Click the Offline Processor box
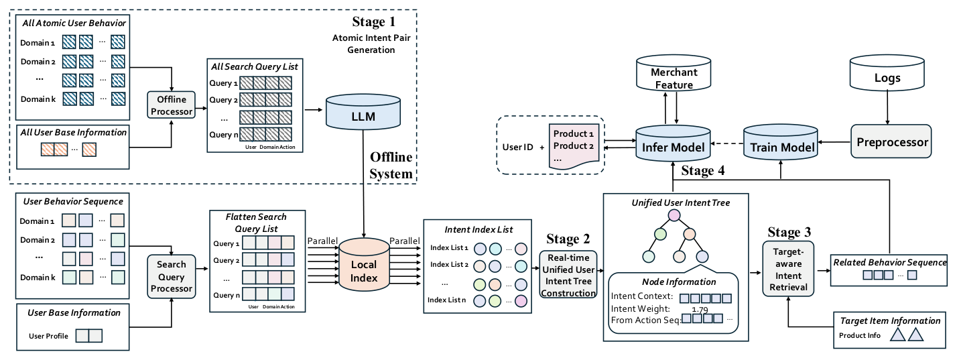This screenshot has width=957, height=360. pyautogui.click(x=172, y=105)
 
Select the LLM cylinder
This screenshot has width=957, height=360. pyautogui.click(x=363, y=112)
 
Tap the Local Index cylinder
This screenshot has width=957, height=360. pyautogui.click(x=364, y=265)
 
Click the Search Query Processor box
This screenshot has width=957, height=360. pyautogui.click(x=172, y=277)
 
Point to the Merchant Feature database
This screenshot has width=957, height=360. pyautogui.click(x=674, y=72)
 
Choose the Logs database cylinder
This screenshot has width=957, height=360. pyautogui.click(x=887, y=72)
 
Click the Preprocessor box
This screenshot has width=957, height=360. pyautogui.click(x=891, y=141)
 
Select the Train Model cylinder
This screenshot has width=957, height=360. pyautogui.click(x=781, y=143)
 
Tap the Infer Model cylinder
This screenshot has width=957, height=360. pyautogui.click(x=674, y=143)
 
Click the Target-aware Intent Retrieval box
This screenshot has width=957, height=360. pyautogui.click(x=788, y=269)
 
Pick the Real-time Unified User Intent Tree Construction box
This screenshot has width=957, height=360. pyautogui.click(x=568, y=274)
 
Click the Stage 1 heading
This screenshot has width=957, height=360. pyautogui.click(x=374, y=21)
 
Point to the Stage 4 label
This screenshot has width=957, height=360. pyautogui.click(x=703, y=170)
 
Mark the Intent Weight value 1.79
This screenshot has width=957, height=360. pyautogui.click(x=700, y=310)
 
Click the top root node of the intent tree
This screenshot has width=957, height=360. pyautogui.click(x=674, y=215)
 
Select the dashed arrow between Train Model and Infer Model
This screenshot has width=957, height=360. pyautogui.click(x=727, y=143)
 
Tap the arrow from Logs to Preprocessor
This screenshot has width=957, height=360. pyautogui.click(x=887, y=107)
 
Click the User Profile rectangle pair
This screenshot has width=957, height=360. pyautogui.click(x=89, y=336)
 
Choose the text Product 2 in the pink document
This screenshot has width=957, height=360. pyautogui.click(x=574, y=145)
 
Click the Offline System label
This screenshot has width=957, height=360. pyautogui.click(x=391, y=166)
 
